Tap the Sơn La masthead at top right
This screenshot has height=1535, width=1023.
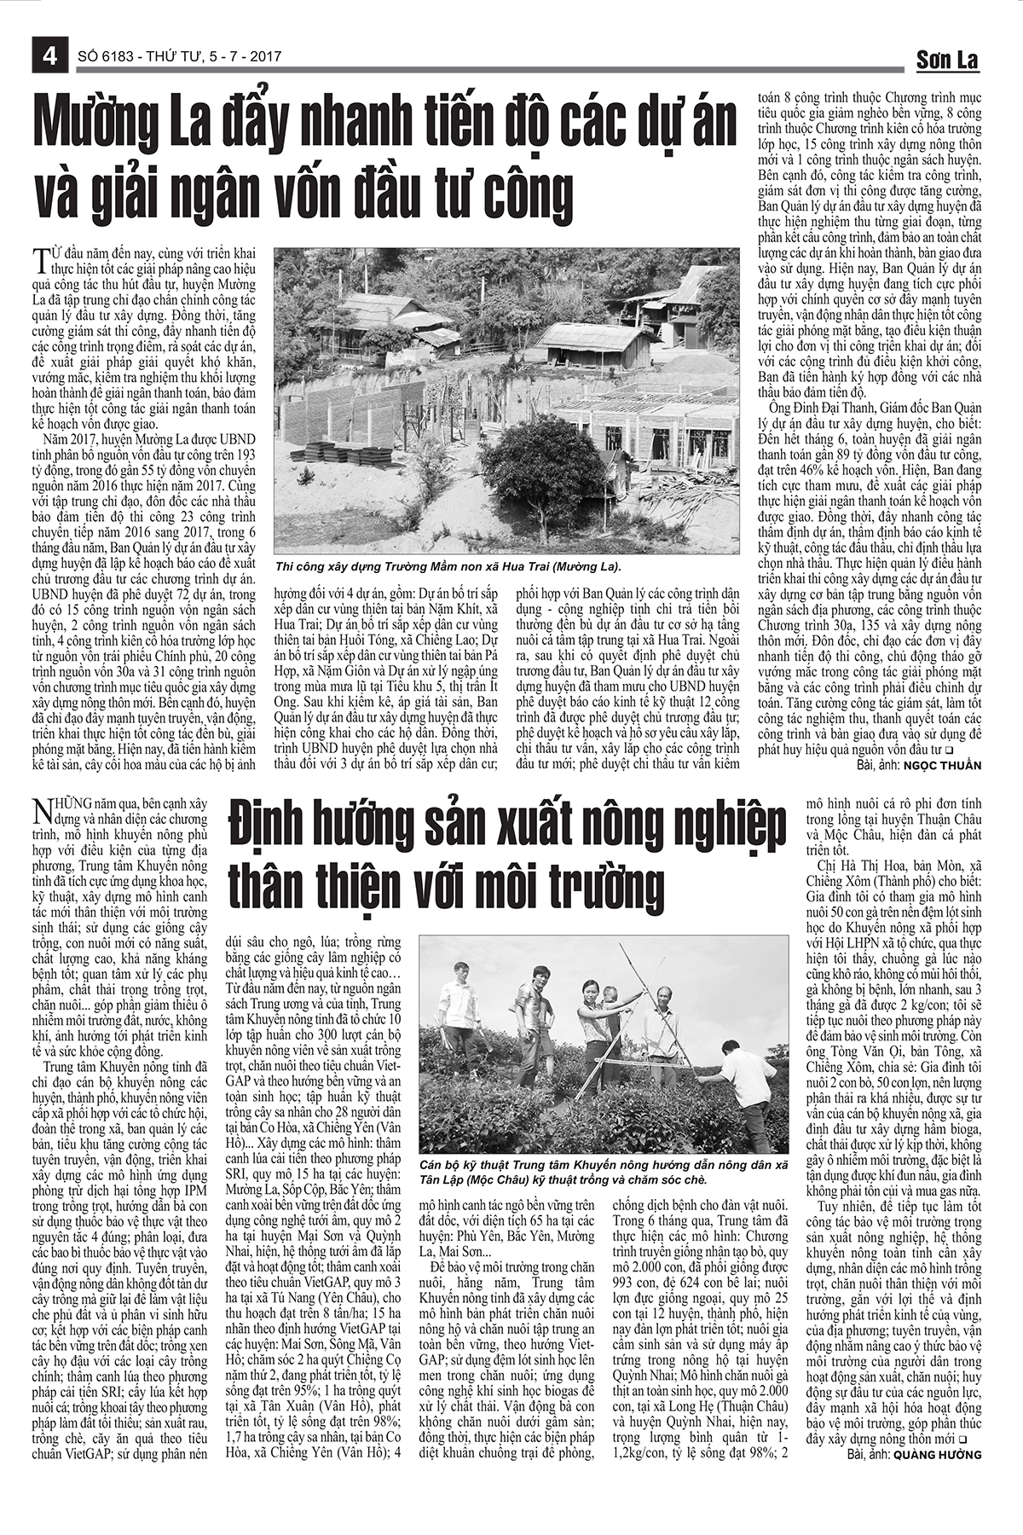pos(947,60)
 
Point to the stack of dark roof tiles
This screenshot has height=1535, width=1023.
pos(332,451)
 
